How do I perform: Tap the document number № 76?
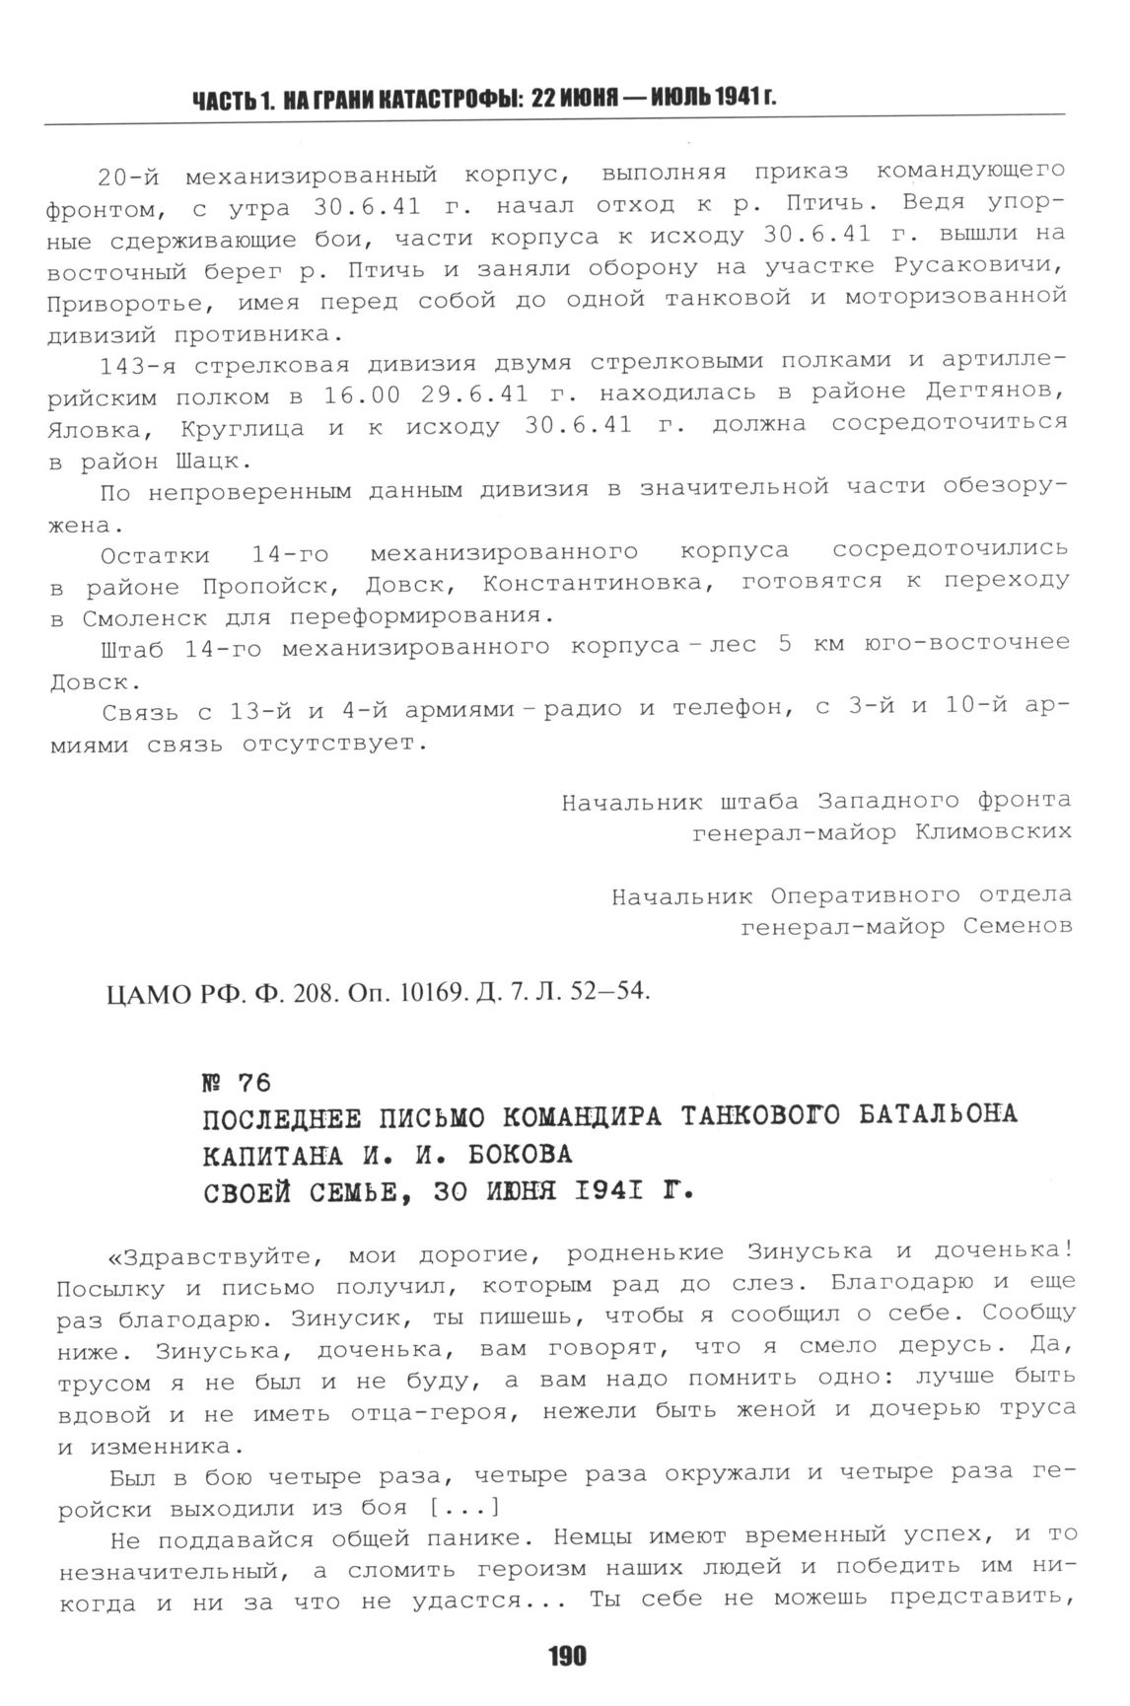click(x=237, y=1083)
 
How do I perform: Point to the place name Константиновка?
click(x=596, y=584)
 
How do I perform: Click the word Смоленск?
click(x=134, y=618)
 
